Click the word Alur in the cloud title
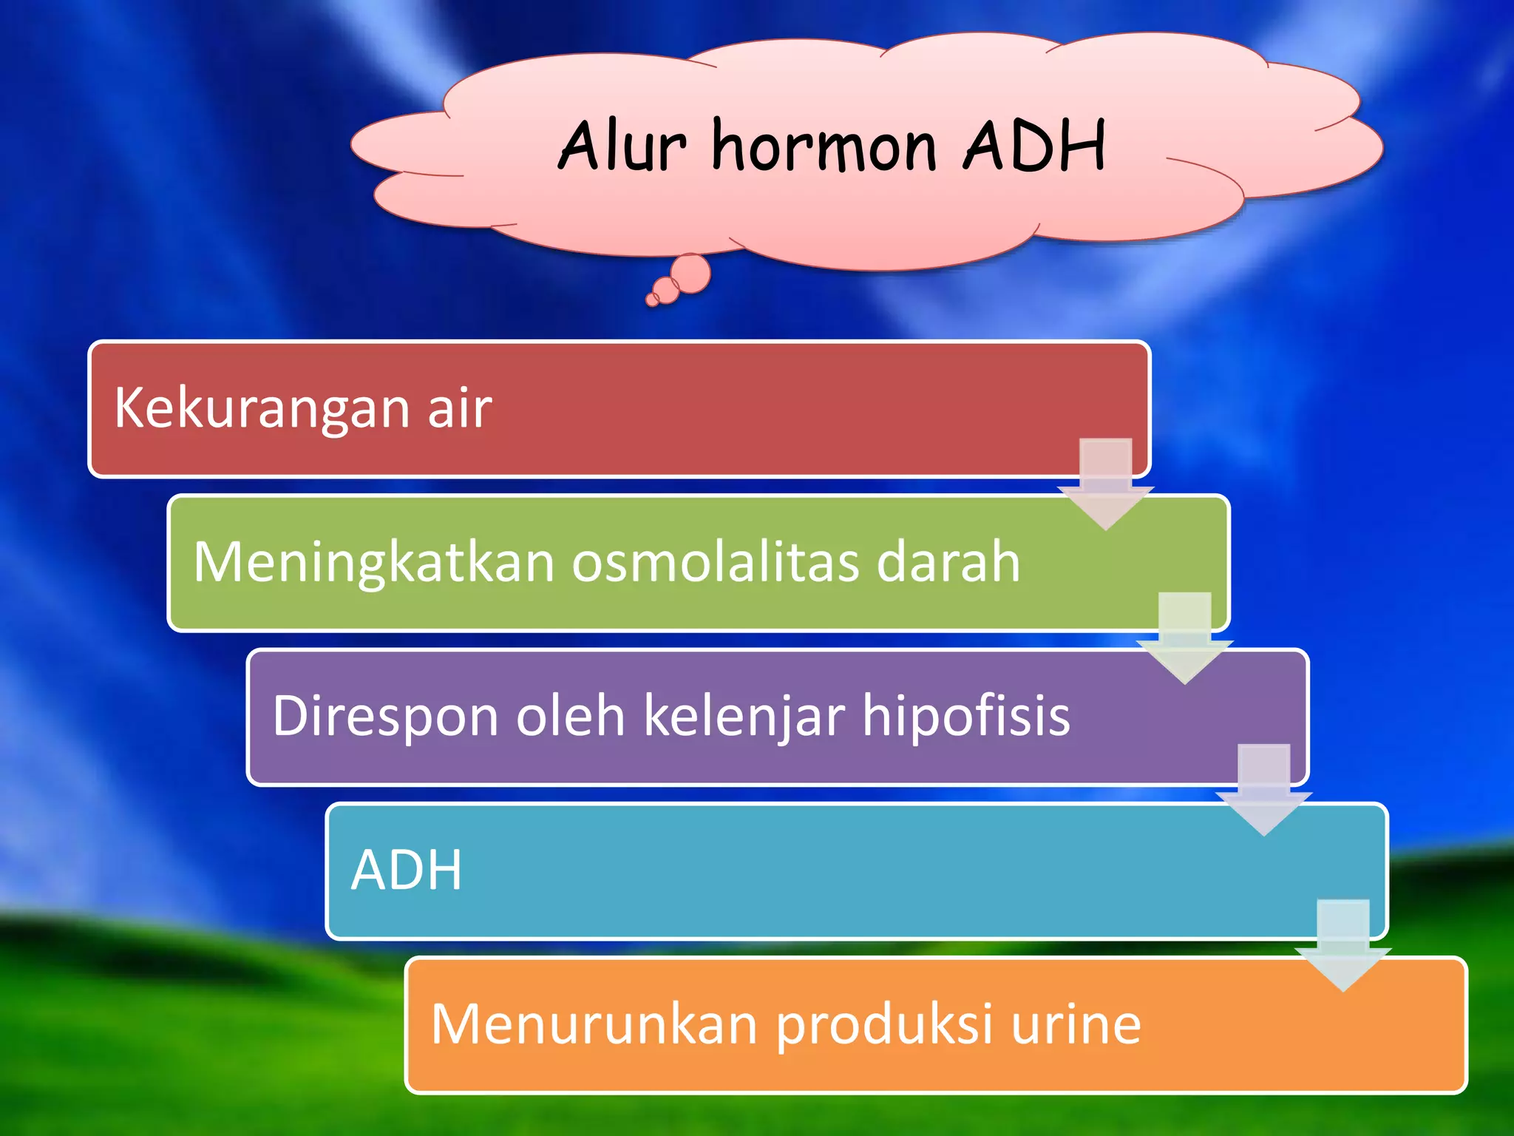coord(622,146)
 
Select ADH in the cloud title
coord(1033,146)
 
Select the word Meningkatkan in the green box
coord(373,563)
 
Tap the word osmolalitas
coord(714,561)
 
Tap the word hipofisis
coord(965,717)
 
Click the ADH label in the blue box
coord(406,870)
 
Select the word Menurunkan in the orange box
coord(594,1024)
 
